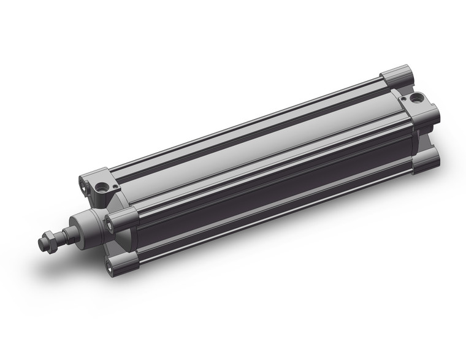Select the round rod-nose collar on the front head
[x=86, y=224]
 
